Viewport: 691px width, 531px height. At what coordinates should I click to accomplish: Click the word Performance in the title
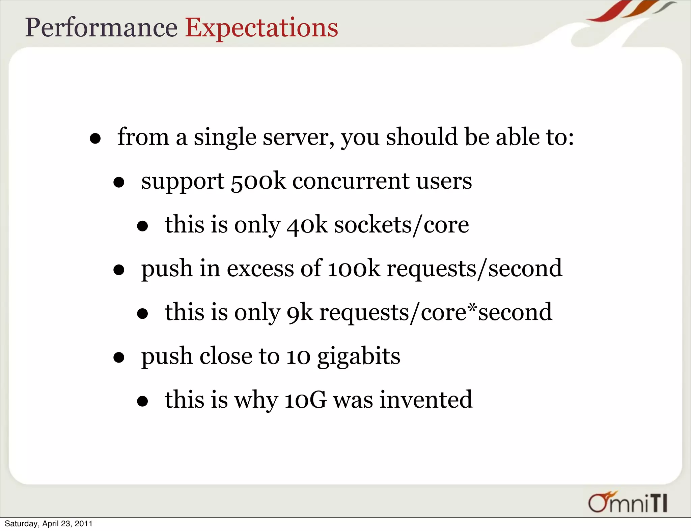(101, 28)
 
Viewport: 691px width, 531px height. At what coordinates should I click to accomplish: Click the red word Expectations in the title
(261, 28)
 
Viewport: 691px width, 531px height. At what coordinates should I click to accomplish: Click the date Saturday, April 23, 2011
(49, 524)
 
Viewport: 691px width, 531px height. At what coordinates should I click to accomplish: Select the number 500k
(258, 181)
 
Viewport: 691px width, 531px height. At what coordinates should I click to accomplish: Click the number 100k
(354, 269)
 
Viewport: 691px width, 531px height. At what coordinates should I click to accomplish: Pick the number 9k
(300, 313)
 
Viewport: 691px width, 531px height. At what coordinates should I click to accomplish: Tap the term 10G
(305, 400)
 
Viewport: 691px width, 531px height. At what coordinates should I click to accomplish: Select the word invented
(426, 400)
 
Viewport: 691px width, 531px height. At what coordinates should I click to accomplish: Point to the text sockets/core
(402, 225)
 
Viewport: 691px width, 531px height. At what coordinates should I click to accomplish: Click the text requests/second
(474, 269)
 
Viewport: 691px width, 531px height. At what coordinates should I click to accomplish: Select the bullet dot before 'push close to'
(119, 357)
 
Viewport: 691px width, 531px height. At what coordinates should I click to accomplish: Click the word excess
(260, 269)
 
